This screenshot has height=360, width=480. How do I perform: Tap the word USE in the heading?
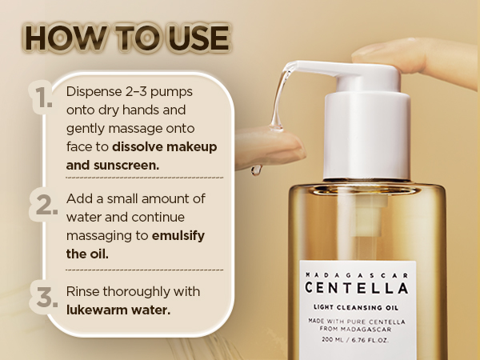(x=198, y=38)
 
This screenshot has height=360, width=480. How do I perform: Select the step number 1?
(x=43, y=98)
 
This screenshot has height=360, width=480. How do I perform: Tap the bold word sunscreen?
(x=126, y=166)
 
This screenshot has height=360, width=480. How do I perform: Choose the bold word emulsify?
(x=178, y=236)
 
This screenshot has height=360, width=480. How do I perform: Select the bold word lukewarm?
(x=97, y=310)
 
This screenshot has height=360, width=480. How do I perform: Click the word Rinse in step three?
(x=82, y=291)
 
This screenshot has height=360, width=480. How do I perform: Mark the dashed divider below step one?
(x=145, y=178)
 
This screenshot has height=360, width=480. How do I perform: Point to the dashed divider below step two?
(x=145, y=270)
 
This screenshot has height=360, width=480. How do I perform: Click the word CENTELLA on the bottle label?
(x=357, y=288)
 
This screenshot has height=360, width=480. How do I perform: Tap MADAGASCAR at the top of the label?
(x=357, y=275)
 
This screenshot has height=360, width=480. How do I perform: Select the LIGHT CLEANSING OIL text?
(x=356, y=307)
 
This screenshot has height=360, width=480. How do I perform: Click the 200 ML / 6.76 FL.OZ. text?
(x=355, y=340)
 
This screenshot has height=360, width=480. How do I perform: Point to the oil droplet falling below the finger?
(x=256, y=170)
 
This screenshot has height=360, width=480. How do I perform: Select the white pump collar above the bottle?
(x=367, y=135)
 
